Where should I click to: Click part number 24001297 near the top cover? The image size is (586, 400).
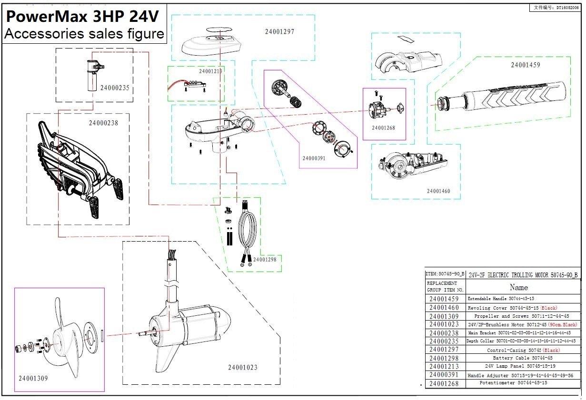pyautogui.click(x=279, y=32)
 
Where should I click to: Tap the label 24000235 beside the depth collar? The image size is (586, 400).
pyautogui.click(x=114, y=88)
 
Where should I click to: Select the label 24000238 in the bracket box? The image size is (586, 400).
pyautogui.click(x=103, y=123)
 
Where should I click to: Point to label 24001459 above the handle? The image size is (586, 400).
pyautogui.click(x=526, y=65)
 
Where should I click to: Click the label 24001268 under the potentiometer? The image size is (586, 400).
pyautogui.click(x=383, y=128)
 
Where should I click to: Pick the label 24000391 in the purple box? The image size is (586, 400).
pyautogui.click(x=314, y=158)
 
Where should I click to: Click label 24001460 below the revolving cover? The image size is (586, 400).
pyautogui.click(x=438, y=191)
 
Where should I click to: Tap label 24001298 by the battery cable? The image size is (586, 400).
pyautogui.click(x=264, y=260)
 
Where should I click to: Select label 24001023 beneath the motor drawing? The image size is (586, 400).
pyautogui.click(x=243, y=367)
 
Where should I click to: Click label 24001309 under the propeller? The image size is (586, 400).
pyautogui.click(x=33, y=379)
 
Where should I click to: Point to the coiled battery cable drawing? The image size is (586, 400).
pyautogui.click(x=247, y=231)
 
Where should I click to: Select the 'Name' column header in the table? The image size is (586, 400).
pyautogui.click(x=518, y=287)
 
